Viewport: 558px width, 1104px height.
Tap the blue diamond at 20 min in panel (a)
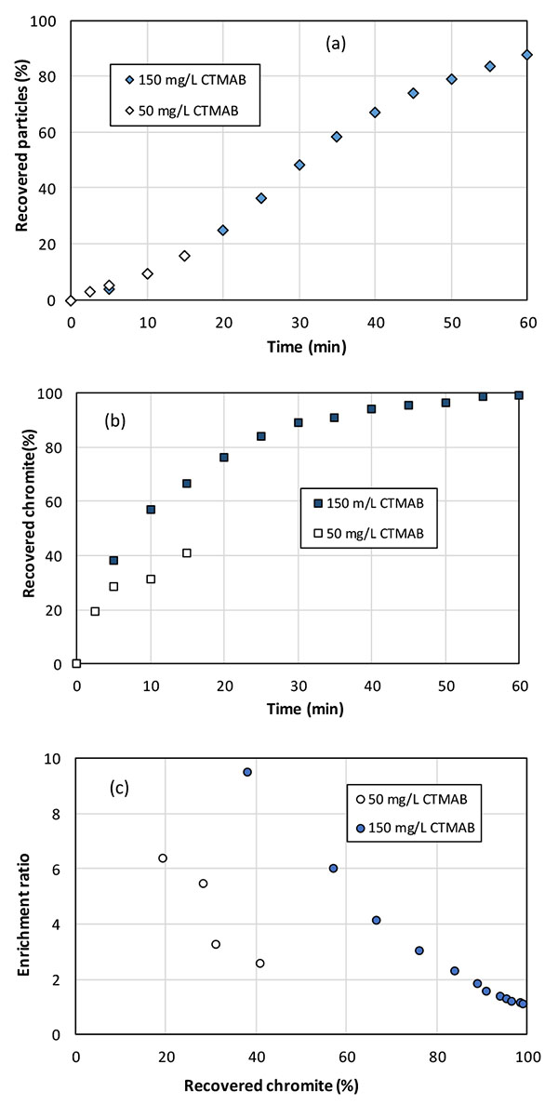pos(223,230)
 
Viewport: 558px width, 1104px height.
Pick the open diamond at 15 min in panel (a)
pos(184,256)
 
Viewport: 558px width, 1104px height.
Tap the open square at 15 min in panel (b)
pos(187,553)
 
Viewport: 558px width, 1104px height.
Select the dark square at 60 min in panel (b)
pos(519,395)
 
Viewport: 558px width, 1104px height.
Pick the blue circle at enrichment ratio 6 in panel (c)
pos(333,868)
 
